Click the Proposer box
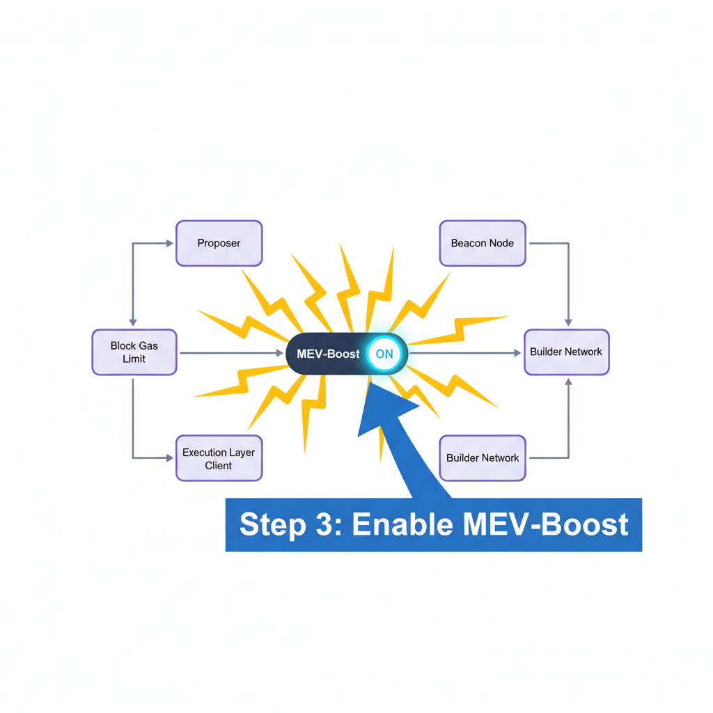(219, 243)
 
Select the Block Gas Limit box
(134, 352)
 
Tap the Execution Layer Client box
(219, 458)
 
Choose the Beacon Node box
(483, 243)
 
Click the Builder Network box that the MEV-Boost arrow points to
(566, 352)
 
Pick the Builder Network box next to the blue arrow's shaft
(483, 458)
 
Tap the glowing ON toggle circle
(384, 354)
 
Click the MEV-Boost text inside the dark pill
(328, 354)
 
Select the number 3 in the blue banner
(327, 524)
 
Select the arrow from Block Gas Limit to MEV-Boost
(230, 353)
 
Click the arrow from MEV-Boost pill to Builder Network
(463, 353)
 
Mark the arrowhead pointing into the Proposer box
(169, 243)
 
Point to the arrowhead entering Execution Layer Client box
(169, 458)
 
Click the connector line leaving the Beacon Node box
(550, 243)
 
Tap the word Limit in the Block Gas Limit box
(134, 359)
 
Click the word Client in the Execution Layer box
(219, 465)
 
